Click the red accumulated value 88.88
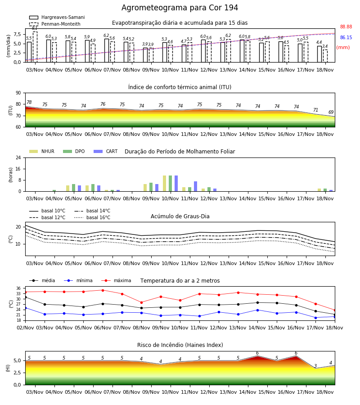pos(346,27)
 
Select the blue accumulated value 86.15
pos(346,37)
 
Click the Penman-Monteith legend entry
pos(55,24)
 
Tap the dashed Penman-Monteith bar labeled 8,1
pos(35,47)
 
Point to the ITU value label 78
pos(29,102)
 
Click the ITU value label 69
pos(331,112)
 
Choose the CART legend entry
pos(106,151)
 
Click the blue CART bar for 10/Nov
pos(176,184)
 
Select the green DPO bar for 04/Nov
pos(54,191)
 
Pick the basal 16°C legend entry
pos(92,217)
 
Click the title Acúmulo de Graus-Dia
pos(180,216)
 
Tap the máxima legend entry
pos(116,280)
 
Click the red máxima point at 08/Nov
pos(141,302)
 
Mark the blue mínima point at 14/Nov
pos(257,310)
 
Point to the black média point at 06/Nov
pos(103,304)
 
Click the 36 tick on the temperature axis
pos(18,288)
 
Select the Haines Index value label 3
pos(315,366)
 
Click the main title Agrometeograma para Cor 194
pos(180,8)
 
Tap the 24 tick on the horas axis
pos(18,157)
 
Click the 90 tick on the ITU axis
pos(18,93)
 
